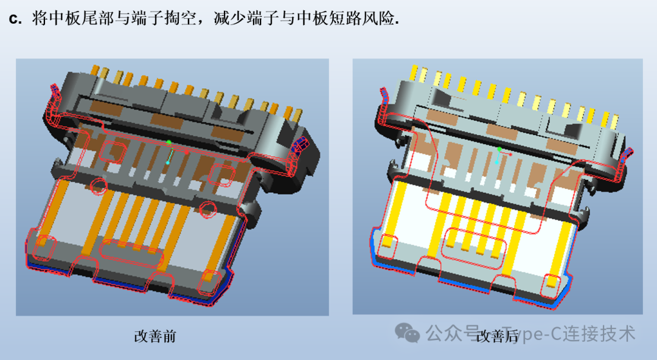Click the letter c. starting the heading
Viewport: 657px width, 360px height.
(15, 19)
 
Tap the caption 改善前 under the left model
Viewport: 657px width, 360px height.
(155, 336)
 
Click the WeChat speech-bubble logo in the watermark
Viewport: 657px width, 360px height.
(407, 333)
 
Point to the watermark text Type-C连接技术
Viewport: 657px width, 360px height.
(569, 334)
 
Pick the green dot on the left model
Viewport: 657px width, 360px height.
(169, 143)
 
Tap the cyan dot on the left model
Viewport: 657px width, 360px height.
(168, 162)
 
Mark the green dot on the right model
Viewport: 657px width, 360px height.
(499, 149)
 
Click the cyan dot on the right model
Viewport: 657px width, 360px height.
(496, 162)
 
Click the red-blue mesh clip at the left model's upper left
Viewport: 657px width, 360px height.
(54, 92)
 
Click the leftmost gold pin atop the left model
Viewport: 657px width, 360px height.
(95, 71)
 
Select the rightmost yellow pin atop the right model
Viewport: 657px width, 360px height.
(614, 122)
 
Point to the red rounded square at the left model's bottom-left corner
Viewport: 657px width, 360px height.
(44, 248)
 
